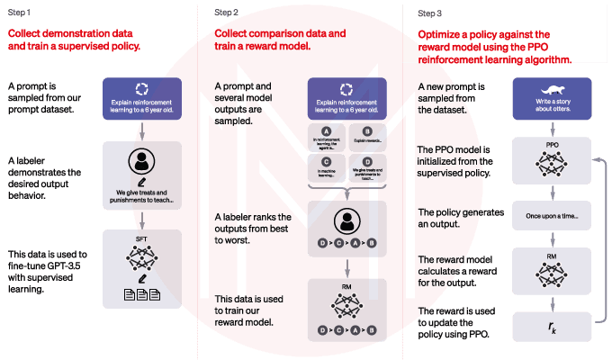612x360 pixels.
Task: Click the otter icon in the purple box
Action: (552, 90)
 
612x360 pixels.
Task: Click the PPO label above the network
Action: (552, 143)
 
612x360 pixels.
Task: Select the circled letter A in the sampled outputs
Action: (327, 130)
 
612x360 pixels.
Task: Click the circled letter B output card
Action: (367, 137)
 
